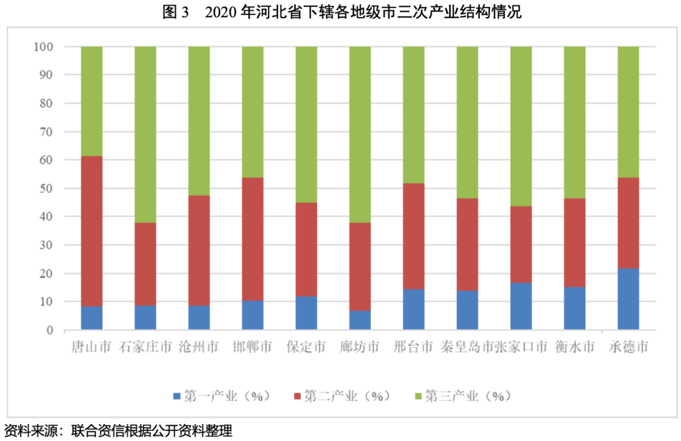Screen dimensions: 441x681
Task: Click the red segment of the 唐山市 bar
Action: point(91,231)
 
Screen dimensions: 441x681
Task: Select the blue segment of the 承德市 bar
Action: point(628,299)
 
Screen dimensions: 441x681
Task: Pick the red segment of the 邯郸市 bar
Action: point(253,239)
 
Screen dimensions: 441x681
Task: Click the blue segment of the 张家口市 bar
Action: point(521,306)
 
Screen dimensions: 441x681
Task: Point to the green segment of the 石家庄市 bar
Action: point(145,134)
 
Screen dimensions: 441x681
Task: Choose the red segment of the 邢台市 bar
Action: point(414,236)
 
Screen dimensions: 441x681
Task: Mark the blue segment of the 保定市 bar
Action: point(306,313)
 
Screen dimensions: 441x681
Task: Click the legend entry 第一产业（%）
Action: point(221,396)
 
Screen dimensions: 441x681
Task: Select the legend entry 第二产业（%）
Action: point(342,396)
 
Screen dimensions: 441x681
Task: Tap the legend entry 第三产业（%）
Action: point(463,396)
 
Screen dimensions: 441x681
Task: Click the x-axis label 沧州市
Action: point(199,348)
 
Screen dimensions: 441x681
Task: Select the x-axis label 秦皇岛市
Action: point(467,348)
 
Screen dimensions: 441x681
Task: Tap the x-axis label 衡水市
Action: point(574,348)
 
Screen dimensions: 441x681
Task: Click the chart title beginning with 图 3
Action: point(341,12)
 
